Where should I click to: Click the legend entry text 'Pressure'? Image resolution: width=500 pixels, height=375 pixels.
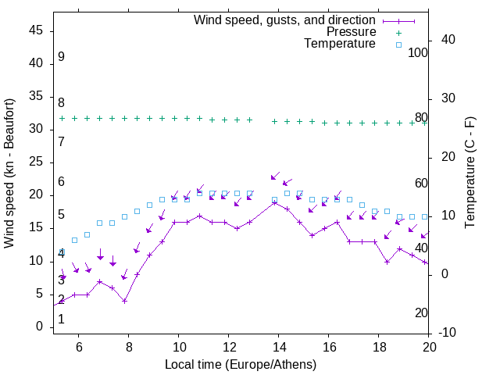pyautogui.click(x=351, y=32)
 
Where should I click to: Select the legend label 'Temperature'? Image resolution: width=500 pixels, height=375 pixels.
pyautogui.click(x=340, y=44)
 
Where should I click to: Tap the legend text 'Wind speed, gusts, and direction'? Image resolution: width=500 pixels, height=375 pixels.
pyautogui.click(x=285, y=20)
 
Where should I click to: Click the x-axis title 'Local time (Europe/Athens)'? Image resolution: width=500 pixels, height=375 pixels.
pyautogui.click(x=241, y=364)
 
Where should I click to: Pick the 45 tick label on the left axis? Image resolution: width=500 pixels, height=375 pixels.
pyautogui.click(x=37, y=30)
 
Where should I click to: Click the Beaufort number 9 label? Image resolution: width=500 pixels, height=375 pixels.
pyautogui.click(x=61, y=57)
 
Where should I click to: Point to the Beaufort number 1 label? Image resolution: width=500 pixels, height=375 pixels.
pyautogui.click(x=61, y=320)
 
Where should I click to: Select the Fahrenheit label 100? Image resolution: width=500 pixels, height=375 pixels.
pyautogui.click(x=419, y=53)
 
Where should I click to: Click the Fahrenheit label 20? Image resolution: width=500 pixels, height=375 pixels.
pyautogui.click(x=421, y=313)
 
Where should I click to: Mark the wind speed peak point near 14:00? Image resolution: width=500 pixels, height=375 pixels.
pyautogui.click(x=275, y=202)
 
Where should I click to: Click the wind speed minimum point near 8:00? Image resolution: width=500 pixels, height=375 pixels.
pyautogui.click(x=125, y=301)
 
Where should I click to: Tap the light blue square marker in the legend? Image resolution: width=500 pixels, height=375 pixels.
pyautogui.click(x=398, y=45)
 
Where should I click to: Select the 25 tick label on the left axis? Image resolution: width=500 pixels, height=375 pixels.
pyautogui.click(x=37, y=162)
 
